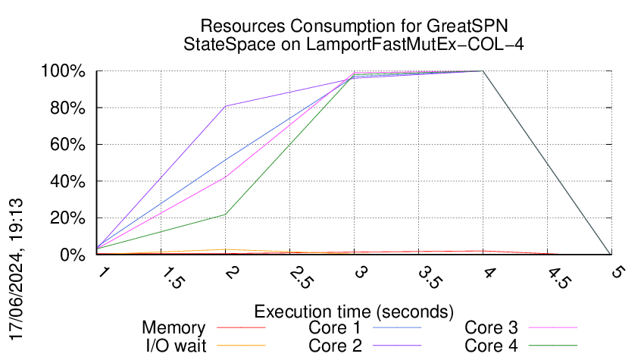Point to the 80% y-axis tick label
tap(68, 108)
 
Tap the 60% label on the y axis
tap(68, 145)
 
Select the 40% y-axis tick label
tap(68, 182)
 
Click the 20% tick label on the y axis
tap(68, 218)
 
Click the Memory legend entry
tap(174, 328)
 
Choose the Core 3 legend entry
tap(491, 328)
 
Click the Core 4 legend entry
tap(491, 346)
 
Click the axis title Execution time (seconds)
tap(354, 311)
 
